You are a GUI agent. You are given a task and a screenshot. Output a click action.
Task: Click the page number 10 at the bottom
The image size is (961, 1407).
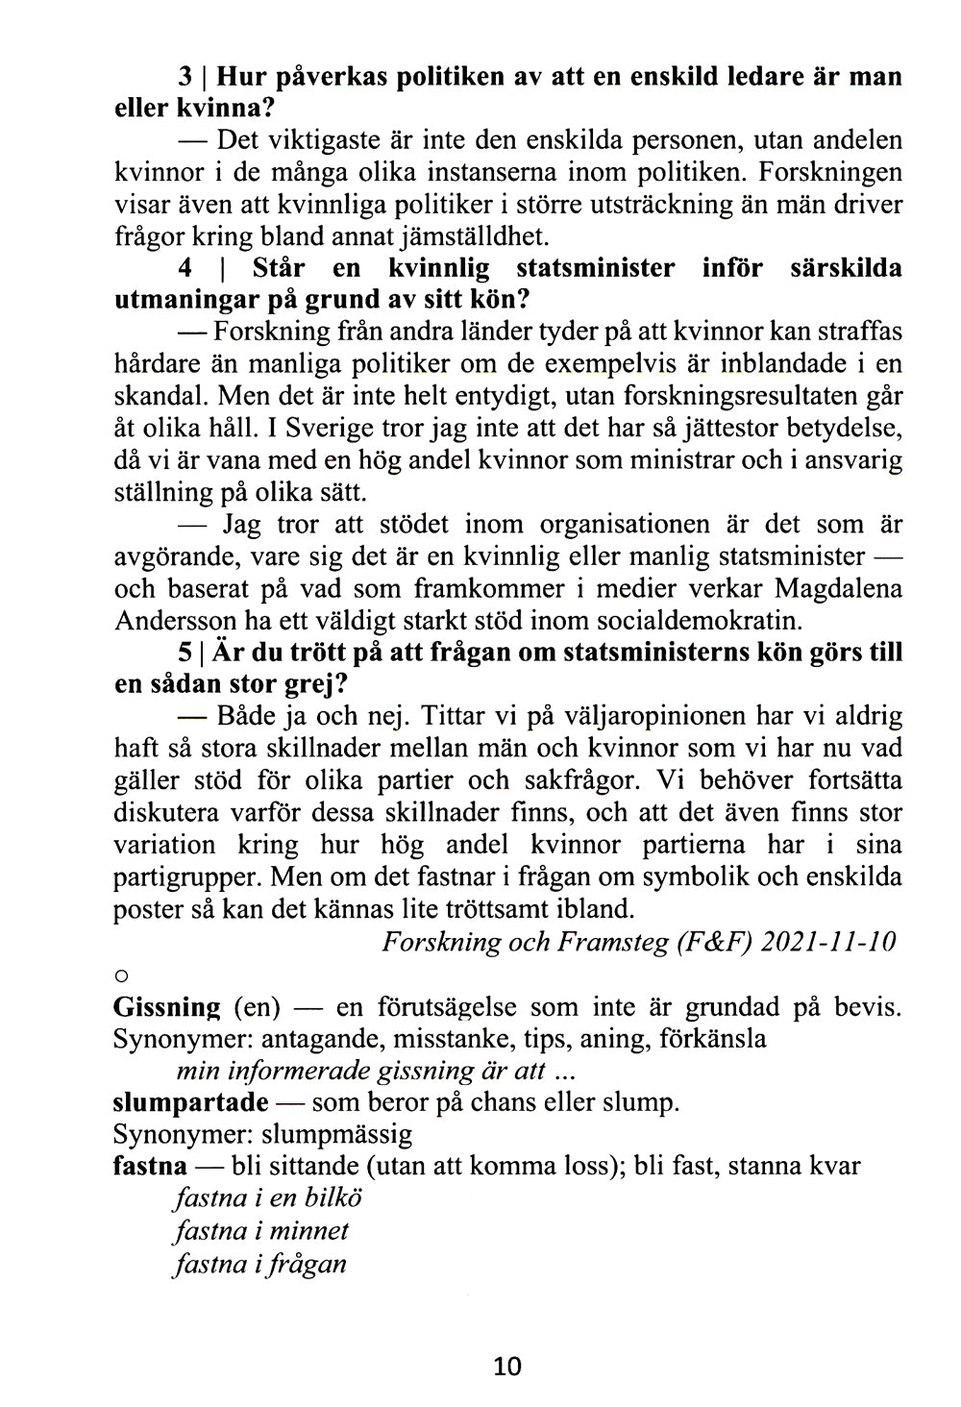click(x=506, y=1365)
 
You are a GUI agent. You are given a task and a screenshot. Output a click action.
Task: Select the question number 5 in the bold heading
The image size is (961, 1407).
click(x=185, y=653)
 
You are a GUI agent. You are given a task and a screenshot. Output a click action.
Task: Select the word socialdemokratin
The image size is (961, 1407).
click(x=702, y=620)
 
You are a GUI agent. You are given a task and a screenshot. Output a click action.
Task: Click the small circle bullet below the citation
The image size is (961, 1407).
click(x=121, y=975)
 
